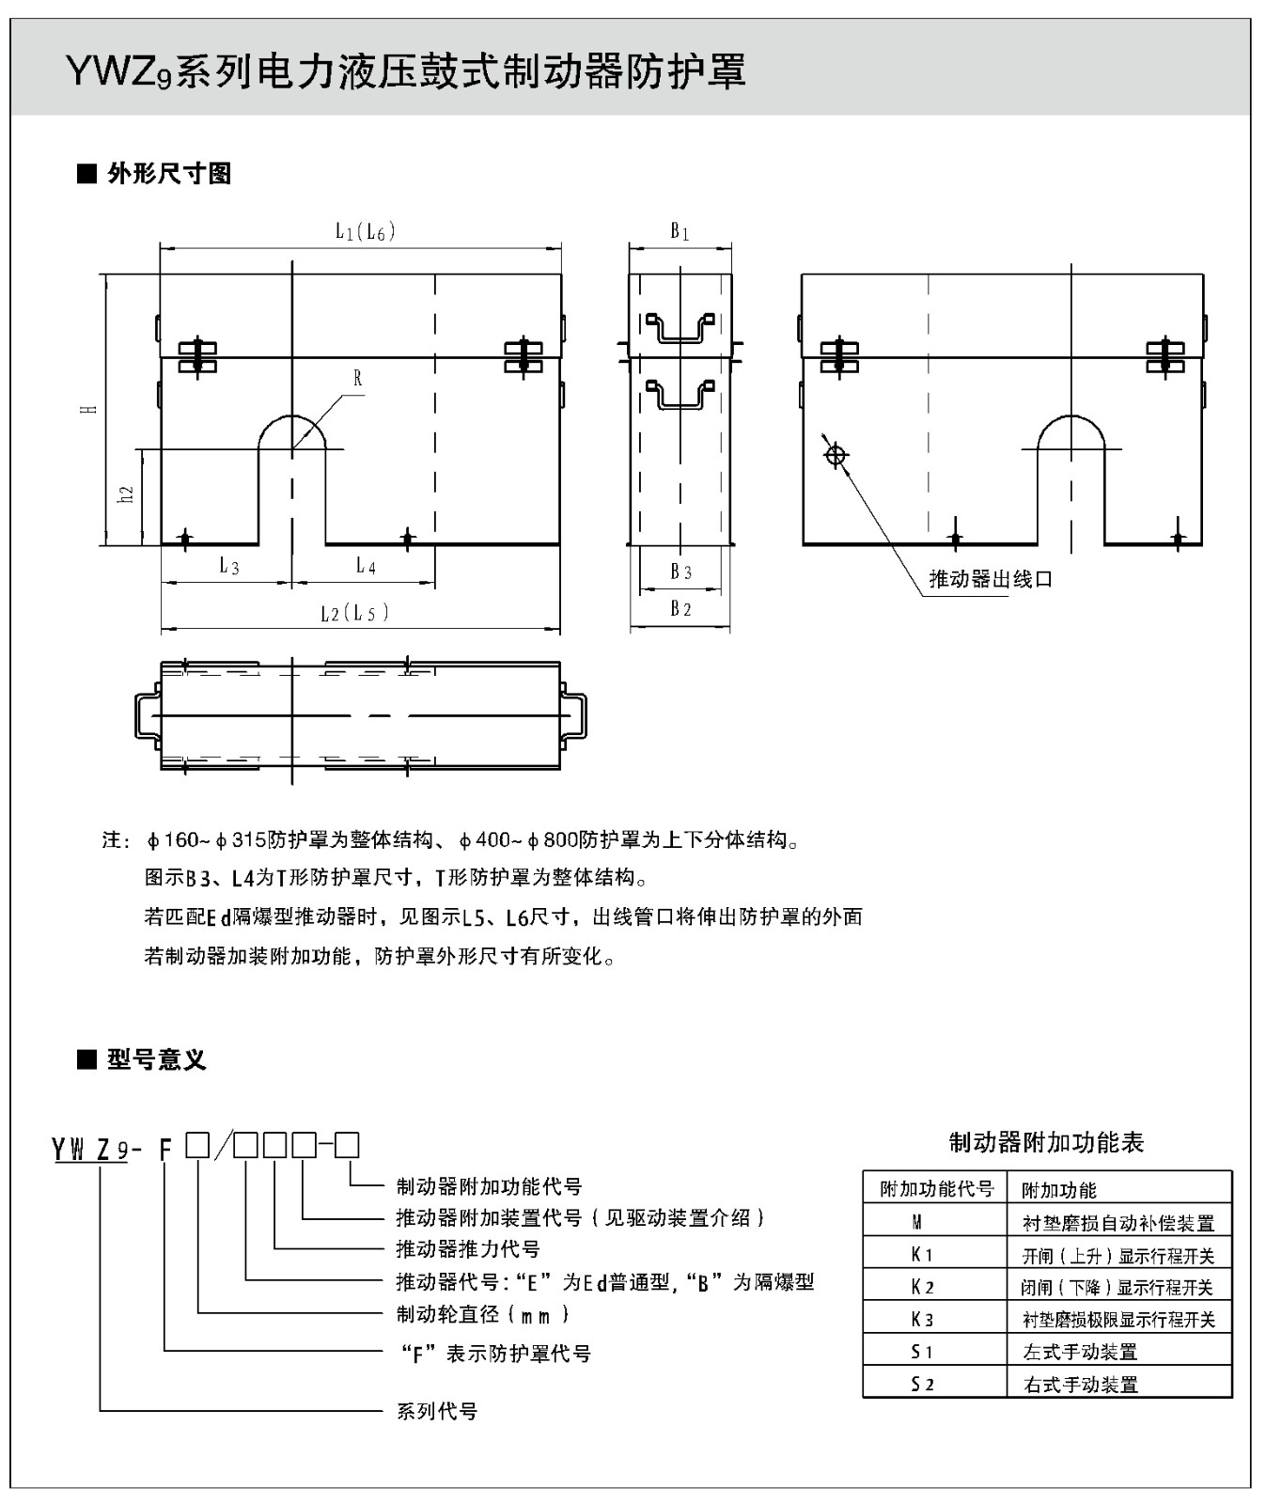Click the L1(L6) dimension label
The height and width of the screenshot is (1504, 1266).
click(x=365, y=231)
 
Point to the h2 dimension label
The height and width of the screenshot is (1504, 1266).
click(x=126, y=493)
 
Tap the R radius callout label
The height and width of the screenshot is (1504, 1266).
click(x=358, y=379)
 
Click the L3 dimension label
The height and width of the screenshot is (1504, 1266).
click(x=229, y=566)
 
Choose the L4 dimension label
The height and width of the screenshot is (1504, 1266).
click(x=366, y=566)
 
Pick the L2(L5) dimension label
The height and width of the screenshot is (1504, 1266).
click(x=353, y=614)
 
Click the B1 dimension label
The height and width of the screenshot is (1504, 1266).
click(x=680, y=231)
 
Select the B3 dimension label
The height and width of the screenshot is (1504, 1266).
click(x=680, y=572)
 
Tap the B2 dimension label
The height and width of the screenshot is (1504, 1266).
click(x=680, y=609)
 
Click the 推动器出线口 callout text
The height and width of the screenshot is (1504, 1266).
click(x=991, y=579)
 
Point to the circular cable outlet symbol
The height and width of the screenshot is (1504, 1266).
click(x=835, y=456)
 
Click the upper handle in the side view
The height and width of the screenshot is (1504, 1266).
click(x=680, y=328)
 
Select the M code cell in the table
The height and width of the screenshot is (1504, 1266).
click(x=917, y=1222)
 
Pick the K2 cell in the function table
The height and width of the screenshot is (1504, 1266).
click(x=922, y=1287)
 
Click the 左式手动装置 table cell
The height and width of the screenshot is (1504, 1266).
click(x=1080, y=1352)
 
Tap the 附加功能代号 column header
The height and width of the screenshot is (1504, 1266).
click(x=936, y=1189)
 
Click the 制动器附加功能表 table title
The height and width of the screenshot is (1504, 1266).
click(x=1046, y=1143)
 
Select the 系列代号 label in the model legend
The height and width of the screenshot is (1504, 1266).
click(x=437, y=1411)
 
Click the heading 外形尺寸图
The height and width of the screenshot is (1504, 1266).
click(x=169, y=174)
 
